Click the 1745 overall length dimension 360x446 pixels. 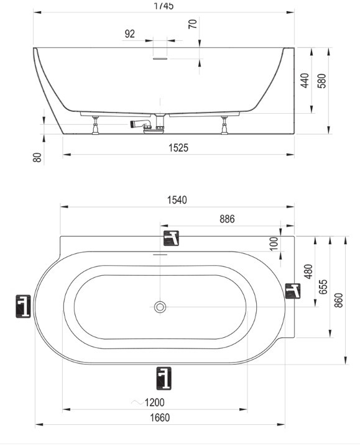(x=164, y=6)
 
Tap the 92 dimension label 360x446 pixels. (x=129, y=34)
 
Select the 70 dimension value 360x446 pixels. (x=193, y=24)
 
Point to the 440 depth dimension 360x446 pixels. (x=305, y=81)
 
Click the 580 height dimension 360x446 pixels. (x=321, y=81)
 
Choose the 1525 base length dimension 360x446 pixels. (x=178, y=148)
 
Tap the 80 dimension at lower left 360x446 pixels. (x=37, y=157)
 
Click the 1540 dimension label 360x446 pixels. (x=177, y=200)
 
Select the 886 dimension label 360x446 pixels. (x=228, y=219)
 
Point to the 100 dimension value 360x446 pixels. (x=274, y=243)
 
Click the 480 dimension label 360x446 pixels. (x=308, y=271)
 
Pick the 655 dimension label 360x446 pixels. (x=323, y=287)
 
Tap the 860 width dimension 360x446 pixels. (x=339, y=300)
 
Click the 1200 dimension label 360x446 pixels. (x=155, y=403)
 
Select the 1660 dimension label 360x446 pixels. (x=160, y=418)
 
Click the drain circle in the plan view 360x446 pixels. (x=160, y=307)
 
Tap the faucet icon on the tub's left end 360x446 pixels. (x=23, y=307)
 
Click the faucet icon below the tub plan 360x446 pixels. (x=164, y=378)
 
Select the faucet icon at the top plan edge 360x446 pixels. (x=171, y=239)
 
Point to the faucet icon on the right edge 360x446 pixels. (x=293, y=291)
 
